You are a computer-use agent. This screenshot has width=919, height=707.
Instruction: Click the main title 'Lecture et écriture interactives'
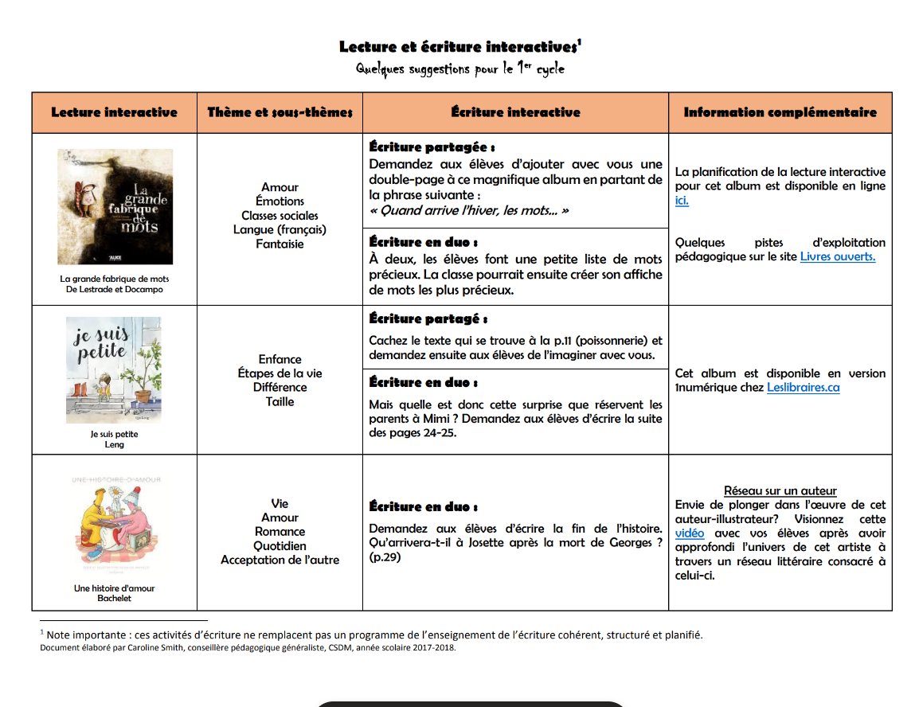coord(459,47)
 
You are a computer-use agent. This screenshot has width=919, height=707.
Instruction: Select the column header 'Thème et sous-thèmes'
coord(280,112)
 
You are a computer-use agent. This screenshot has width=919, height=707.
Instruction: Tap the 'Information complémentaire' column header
coord(780,112)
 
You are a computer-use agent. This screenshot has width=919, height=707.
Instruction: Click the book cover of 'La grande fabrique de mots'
coord(115,207)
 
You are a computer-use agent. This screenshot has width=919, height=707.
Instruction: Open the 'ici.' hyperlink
coord(682,201)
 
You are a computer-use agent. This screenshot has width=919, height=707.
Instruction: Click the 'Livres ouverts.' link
coord(837,256)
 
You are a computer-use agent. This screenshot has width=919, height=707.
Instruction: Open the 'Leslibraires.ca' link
coord(803,388)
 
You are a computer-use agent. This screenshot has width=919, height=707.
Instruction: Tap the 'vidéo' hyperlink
coord(690,533)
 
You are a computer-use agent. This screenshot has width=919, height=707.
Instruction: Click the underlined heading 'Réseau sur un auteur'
coord(780,491)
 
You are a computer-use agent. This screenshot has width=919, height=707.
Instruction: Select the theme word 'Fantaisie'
coord(280,244)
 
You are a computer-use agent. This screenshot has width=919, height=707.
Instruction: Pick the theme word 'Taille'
coord(280,402)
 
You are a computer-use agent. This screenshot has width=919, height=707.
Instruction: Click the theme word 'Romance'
coord(280,532)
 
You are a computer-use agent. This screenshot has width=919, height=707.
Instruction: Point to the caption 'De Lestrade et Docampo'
coord(115,290)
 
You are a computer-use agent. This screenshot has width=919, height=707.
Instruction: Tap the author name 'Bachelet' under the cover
coord(115,598)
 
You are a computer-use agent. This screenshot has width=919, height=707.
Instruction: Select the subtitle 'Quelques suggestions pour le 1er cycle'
coord(460,69)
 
